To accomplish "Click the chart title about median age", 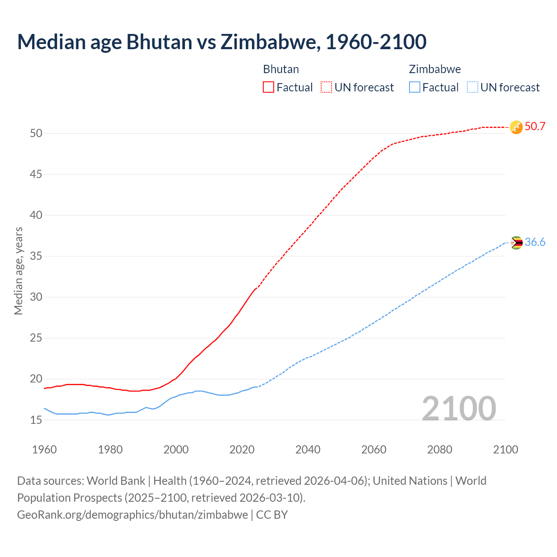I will pos(221,42).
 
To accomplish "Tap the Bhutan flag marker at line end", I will pos(516,127).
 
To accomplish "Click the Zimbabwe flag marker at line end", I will pos(516,243).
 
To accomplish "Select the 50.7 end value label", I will pos(535,127).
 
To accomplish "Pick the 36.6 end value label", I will pos(535,242).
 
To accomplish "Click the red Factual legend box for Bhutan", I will pos(268,87).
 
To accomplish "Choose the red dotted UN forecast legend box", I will pos(326,87).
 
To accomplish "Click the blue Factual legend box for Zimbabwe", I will pos(414,87).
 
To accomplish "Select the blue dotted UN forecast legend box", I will pos(472,87).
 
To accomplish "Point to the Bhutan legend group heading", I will pos(281,69).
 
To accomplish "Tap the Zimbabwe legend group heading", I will pos(435,69).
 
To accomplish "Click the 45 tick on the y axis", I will pos(36,174).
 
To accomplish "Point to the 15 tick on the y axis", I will pos(36,420).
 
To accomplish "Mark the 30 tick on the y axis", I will pos(36,297).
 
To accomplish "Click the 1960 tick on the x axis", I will pos(44,450).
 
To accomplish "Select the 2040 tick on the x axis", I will pos(308,450).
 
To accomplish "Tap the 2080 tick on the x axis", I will pos(440,450).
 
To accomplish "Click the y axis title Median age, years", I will pos(18,271).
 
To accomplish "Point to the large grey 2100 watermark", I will pos(459,409).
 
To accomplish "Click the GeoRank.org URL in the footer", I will pos(132,515).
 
